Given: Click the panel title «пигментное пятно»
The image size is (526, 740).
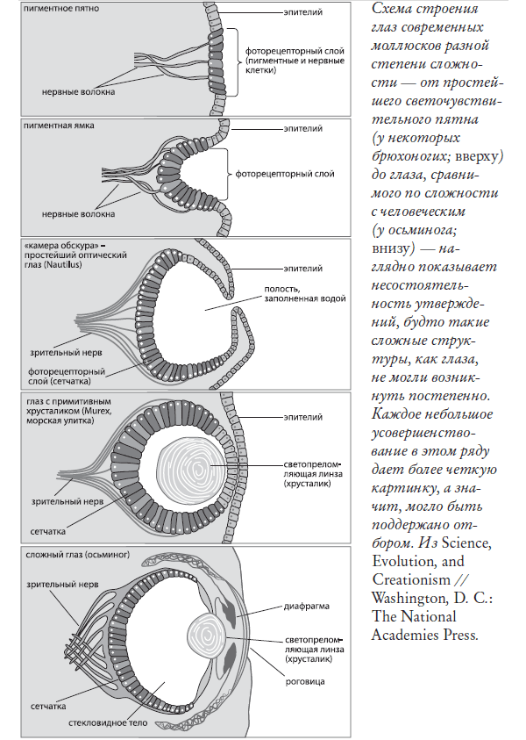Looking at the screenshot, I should click(x=62, y=8).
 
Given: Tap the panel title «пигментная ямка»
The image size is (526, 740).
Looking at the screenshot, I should click(x=60, y=126).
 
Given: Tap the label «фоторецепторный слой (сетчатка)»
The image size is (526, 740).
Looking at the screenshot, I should click(x=66, y=376).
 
